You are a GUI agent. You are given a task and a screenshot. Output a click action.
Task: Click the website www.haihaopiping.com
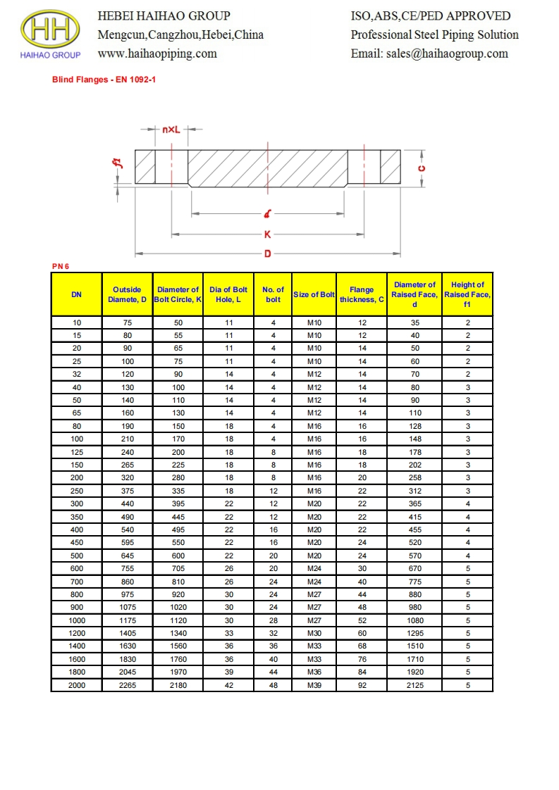click(157, 54)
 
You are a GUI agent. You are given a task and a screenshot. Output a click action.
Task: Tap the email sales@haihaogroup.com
click(429, 54)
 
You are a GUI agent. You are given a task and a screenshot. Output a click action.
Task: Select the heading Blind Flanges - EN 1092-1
click(104, 80)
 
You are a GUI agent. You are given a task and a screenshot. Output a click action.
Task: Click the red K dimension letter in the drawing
click(268, 235)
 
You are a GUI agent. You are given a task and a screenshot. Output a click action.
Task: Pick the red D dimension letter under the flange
click(268, 253)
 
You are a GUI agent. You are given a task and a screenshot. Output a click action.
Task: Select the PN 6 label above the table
click(61, 266)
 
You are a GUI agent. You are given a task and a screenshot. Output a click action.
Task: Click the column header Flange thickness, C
click(362, 294)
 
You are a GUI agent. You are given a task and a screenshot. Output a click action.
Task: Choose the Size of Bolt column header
click(314, 294)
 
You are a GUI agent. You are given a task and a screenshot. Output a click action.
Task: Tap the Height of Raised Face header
click(467, 294)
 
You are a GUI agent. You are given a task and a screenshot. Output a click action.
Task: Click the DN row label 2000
click(76, 684)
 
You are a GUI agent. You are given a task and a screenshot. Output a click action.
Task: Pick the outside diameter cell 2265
click(127, 684)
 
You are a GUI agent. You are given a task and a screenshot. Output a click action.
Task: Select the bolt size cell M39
click(314, 684)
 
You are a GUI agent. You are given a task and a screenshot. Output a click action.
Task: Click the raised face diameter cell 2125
click(414, 684)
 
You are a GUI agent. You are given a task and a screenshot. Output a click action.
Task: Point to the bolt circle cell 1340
click(178, 633)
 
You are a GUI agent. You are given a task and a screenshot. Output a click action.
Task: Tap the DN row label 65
click(76, 413)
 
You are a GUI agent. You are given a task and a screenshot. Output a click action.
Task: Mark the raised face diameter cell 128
click(414, 426)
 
